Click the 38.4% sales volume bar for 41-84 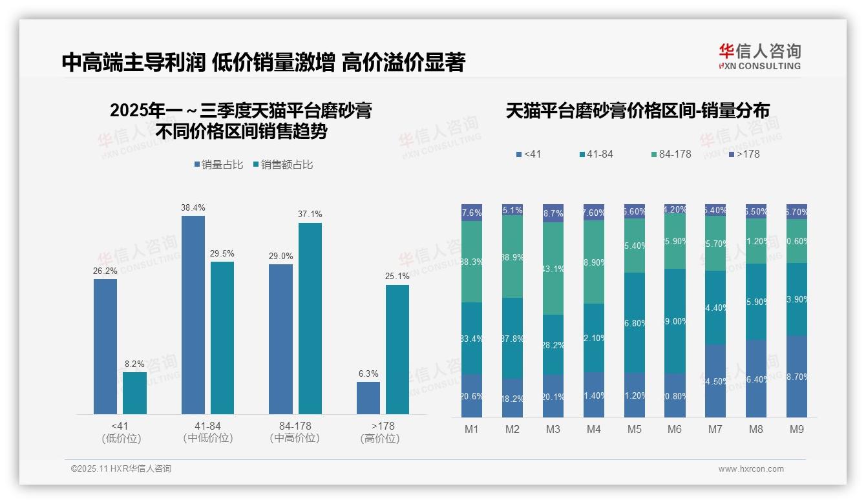tap(193, 315)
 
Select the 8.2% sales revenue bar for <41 tap(134, 393)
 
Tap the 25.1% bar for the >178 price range tap(397, 350)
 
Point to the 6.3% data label tap(368, 373)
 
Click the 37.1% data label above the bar tap(310, 214)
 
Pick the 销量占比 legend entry tap(218, 165)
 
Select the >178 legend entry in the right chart tap(745, 154)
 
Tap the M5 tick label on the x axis tap(634, 430)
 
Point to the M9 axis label tap(797, 430)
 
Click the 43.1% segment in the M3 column tap(553, 268)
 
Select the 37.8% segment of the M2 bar tap(512, 338)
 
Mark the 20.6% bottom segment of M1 tap(472, 395)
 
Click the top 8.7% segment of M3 tap(553, 213)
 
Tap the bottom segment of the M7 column tap(715, 381)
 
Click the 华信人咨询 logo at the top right tap(759, 56)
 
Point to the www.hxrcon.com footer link tap(751, 469)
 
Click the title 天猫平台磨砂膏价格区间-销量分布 tap(637, 111)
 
